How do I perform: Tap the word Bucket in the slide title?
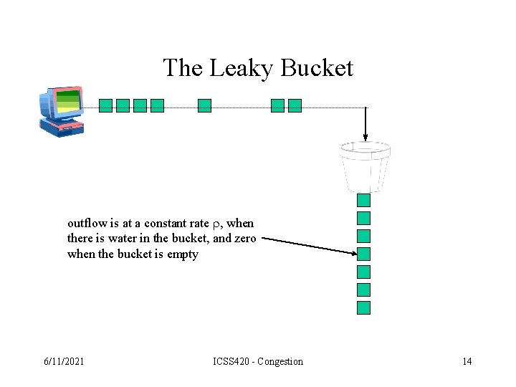coord(317,68)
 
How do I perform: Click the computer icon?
coord(61,111)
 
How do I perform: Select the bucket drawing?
coord(365,166)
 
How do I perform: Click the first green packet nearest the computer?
coord(105,106)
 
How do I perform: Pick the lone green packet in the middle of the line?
coord(204,106)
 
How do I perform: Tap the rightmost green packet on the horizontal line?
coord(295,106)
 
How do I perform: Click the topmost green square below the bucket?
coord(364,200)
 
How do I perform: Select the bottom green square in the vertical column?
coord(364,307)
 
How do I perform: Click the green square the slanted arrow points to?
coord(364,254)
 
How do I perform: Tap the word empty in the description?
coord(183,254)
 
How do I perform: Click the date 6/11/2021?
coord(64,361)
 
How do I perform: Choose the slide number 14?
coord(467,361)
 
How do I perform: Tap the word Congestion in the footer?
coord(280,361)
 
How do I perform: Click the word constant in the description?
coord(168,223)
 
